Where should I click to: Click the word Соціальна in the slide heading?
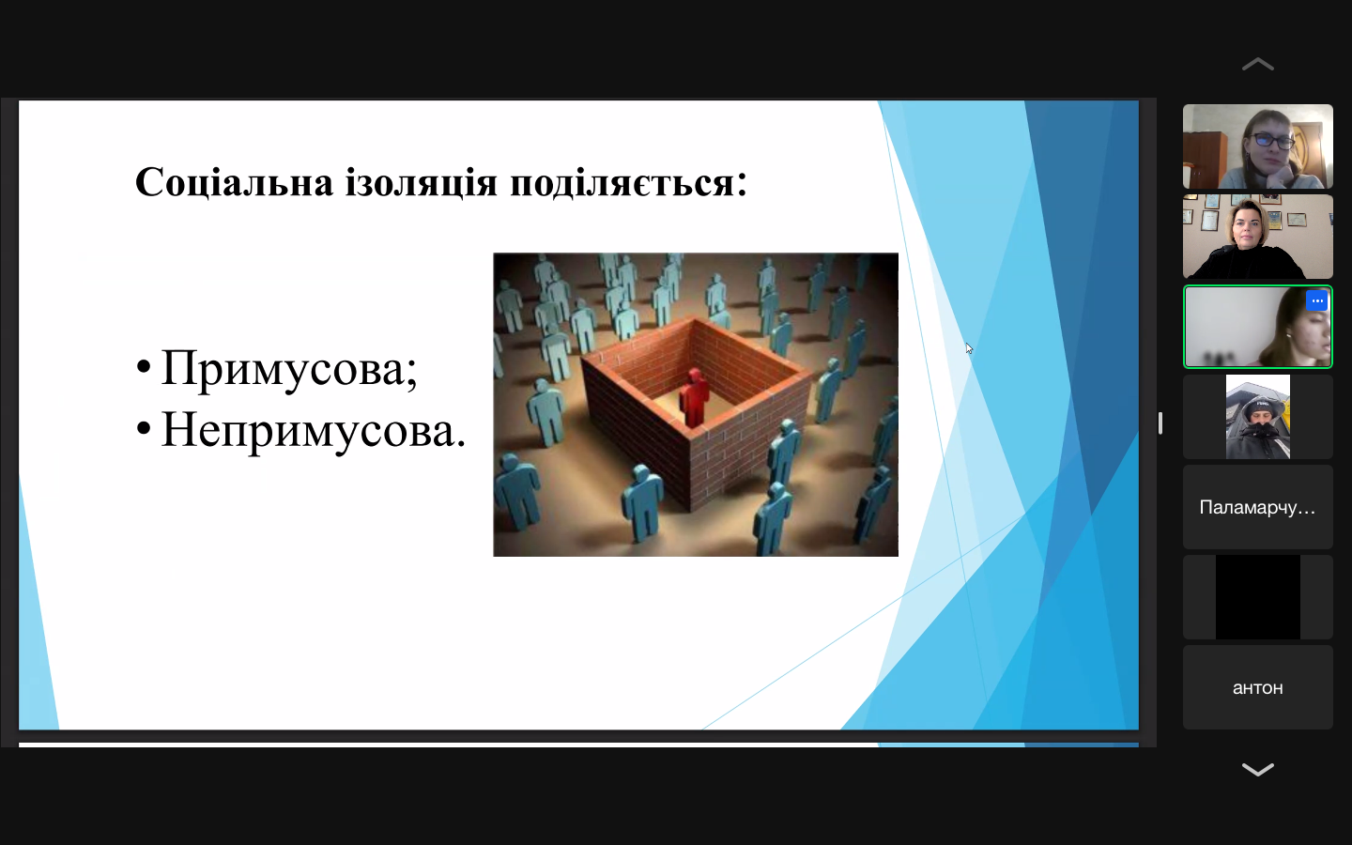point(234,182)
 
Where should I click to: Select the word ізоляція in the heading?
point(422,182)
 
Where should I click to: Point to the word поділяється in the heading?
point(622,183)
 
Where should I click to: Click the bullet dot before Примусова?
point(144,366)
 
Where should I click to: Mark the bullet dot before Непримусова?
point(144,428)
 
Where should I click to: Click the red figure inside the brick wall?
point(694,398)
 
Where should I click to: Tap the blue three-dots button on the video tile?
point(1317,300)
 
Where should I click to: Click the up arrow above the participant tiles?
point(1258,65)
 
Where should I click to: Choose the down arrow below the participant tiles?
point(1258,769)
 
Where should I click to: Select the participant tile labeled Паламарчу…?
point(1258,507)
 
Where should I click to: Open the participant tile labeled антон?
point(1258,687)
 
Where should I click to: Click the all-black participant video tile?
point(1258,597)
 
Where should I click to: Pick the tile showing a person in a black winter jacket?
point(1258,417)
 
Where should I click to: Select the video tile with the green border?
point(1258,327)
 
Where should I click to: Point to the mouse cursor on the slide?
point(969,348)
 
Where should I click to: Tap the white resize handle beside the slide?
point(1160,423)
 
